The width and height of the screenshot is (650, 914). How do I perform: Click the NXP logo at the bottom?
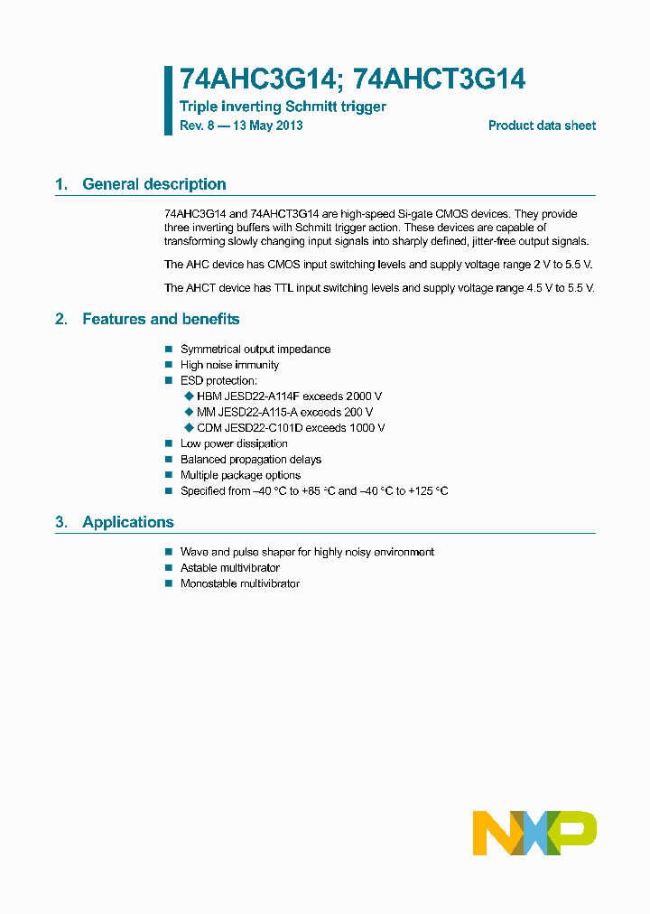(535, 833)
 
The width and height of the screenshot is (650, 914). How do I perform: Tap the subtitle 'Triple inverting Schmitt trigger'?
(283, 107)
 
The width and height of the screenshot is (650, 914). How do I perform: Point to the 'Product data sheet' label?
(542, 126)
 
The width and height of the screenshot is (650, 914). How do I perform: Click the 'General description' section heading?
(153, 184)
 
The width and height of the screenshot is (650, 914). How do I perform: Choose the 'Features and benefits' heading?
(161, 319)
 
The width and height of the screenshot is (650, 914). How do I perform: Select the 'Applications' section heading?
(127, 522)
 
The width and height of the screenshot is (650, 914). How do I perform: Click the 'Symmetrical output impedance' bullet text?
(255, 350)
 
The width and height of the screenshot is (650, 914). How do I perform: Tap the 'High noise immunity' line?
(229, 365)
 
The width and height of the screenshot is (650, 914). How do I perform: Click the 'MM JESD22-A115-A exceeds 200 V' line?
(284, 412)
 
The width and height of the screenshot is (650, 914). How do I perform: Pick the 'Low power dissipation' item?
(234, 443)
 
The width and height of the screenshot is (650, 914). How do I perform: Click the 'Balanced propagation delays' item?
(250, 460)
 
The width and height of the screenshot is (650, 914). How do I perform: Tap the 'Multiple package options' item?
(240, 475)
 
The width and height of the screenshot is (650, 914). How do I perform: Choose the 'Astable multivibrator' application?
(230, 568)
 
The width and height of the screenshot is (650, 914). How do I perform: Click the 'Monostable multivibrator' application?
(240, 583)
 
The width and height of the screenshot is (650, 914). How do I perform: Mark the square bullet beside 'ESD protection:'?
(168, 381)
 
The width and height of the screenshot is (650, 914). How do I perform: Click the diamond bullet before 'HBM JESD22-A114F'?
(189, 396)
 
